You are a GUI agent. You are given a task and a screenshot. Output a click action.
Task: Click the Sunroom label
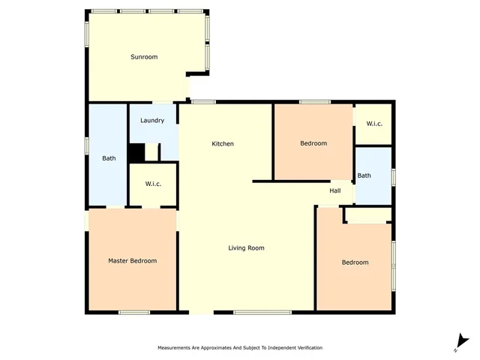(x=144, y=57)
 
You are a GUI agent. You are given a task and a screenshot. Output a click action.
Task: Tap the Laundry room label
(x=152, y=120)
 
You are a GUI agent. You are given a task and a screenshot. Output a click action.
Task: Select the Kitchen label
(x=223, y=144)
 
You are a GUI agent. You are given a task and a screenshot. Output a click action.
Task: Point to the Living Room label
(x=246, y=247)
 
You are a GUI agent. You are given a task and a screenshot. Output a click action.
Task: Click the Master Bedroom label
(x=133, y=261)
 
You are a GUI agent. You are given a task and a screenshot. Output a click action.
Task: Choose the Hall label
(x=335, y=190)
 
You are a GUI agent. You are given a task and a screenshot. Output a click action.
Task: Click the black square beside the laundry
(x=136, y=152)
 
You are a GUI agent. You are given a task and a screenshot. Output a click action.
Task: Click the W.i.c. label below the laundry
(x=153, y=184)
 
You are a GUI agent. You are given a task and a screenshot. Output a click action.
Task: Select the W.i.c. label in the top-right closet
(x=374, y=123)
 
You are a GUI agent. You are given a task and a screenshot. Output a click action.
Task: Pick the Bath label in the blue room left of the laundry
(x=109, y=158)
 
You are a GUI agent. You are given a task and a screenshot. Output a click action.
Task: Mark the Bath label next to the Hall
(x=364, y=175)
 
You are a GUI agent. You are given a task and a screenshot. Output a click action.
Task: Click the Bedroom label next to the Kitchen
(x=313, y=143)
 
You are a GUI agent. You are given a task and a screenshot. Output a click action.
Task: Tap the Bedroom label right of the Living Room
(x=355, y=262)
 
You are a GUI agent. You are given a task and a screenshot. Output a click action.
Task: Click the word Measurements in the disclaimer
(x=175, y=349)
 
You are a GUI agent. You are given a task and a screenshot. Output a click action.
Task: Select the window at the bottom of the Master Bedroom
(x=133, y=312)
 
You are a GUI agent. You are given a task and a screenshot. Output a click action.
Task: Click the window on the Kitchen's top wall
(x=203, y=102)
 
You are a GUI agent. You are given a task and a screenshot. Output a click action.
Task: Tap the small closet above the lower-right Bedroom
(x=367, y=215)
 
